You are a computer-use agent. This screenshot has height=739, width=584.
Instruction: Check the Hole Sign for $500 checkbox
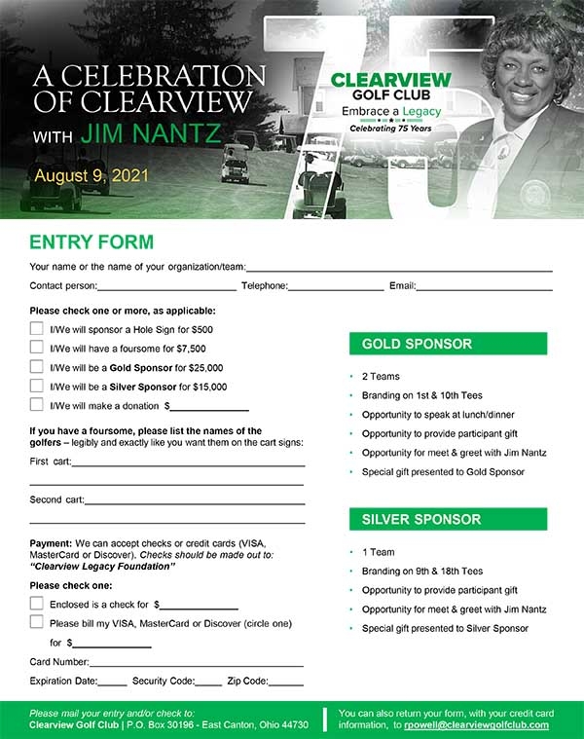point(36,329)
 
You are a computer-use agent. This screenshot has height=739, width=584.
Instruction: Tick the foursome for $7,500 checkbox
point(36,348)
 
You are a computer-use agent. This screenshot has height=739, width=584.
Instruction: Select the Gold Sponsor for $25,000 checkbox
point(36,367)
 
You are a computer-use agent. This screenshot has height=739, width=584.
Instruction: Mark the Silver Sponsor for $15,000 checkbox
point(36,386)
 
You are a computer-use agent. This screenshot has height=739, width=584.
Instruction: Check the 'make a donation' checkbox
point(36,405)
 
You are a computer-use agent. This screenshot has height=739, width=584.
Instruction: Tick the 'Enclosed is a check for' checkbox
point(36,604)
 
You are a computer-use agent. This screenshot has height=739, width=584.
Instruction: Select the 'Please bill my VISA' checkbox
point(36,622)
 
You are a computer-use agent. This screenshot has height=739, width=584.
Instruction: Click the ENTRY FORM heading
point(91,242)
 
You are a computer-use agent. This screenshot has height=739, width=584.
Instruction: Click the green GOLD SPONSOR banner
point(448,344)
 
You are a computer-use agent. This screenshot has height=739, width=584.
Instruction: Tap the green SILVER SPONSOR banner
point(448,519)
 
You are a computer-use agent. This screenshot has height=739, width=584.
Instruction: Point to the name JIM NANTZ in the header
point(151,133)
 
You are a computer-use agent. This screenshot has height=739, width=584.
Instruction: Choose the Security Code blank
point(208,682)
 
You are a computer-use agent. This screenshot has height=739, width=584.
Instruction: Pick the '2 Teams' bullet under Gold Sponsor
point(381,376)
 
